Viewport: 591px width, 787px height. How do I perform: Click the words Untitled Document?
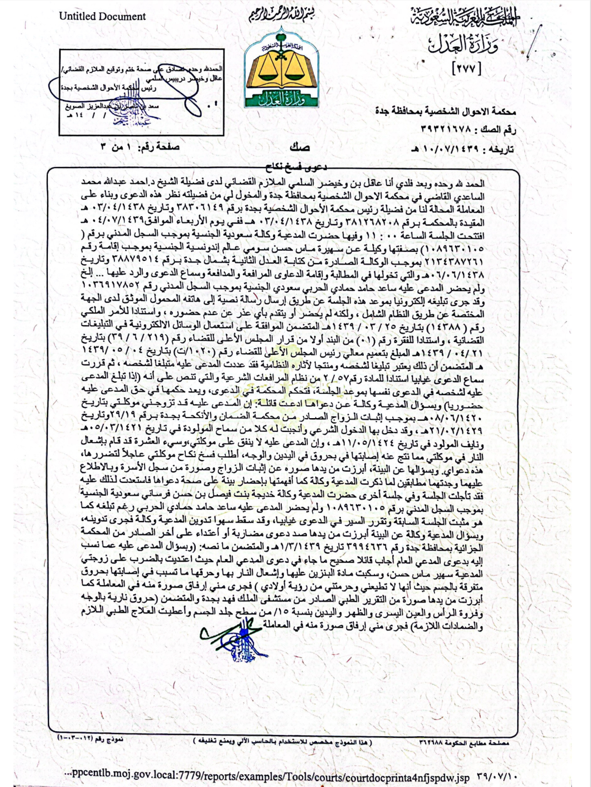click(102, 17)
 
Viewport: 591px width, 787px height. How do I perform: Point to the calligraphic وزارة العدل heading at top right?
click(463, 44)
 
